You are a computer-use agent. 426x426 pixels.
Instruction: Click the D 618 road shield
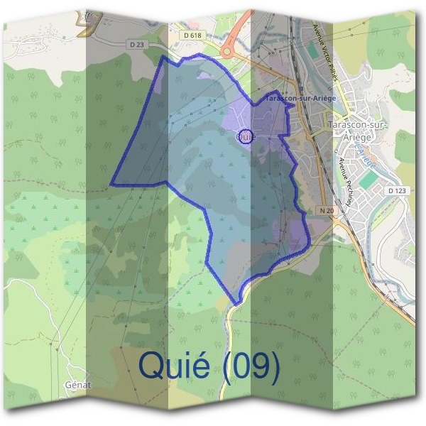tap(192, 35)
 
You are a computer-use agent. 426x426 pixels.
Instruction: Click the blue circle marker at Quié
tap(245, 136)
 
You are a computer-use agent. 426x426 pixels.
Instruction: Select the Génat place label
tap(78, 384)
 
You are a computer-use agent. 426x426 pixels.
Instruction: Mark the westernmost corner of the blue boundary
tap(111, 185)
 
